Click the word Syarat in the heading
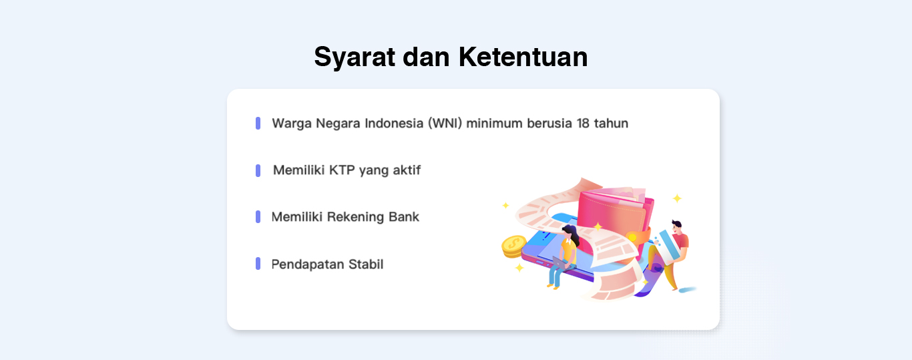(355, 57)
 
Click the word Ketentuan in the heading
(523, 57)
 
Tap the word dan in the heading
(426, 57)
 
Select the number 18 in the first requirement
(583, 123)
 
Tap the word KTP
(342, 170)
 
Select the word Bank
(403, 216)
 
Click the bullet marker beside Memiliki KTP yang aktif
(258, 170)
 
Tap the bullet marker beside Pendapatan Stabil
(258, 263)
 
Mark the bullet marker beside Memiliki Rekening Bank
(258, 216)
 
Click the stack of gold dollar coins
(514, 246)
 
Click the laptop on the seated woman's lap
(562, 263)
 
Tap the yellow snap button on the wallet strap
(632, 237)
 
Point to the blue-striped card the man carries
(668, 246)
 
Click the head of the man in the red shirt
(677, 226)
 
